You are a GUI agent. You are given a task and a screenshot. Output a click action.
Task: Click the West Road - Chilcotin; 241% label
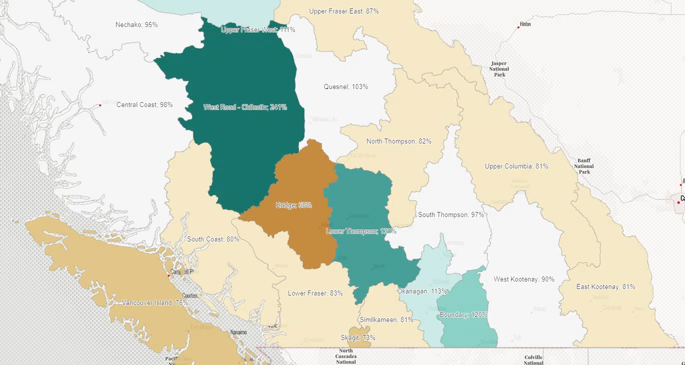245,107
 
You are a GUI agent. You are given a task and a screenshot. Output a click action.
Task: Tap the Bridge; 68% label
294,205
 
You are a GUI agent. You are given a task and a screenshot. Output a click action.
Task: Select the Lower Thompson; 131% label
361,231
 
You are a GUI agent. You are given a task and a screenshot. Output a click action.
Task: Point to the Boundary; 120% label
463,315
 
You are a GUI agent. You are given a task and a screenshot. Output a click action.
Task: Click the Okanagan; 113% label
422,291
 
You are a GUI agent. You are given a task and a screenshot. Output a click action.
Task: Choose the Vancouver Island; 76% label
155,302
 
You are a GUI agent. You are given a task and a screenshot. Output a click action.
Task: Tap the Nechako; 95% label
136,24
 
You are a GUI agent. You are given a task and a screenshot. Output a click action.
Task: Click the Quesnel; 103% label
346,86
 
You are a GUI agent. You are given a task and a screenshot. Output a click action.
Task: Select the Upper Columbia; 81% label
516,166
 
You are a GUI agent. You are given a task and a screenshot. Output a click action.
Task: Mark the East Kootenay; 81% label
605,286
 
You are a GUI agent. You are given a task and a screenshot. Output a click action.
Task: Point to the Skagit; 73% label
358,337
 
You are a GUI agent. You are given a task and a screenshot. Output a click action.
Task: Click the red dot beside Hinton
518,27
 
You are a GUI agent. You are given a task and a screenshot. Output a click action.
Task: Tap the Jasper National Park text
499,69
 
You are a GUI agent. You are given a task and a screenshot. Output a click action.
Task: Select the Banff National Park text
583,166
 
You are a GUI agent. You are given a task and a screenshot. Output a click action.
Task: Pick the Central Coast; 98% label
144,104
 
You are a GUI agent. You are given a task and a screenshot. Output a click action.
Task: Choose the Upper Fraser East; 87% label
344,11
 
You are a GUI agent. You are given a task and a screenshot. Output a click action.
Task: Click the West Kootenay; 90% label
524,279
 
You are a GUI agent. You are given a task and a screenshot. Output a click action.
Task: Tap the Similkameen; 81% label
386,319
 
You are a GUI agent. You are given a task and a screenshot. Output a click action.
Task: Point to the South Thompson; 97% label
451,214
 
